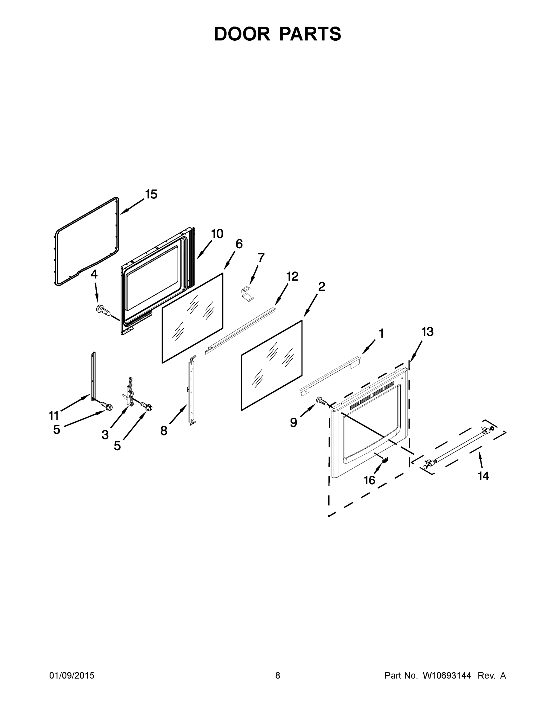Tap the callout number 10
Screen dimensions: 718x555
217,234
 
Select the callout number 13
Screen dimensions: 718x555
428,332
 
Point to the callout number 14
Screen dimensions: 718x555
483,476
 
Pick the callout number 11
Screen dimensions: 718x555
54,416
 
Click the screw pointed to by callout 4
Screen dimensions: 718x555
103,310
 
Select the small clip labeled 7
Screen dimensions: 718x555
247,293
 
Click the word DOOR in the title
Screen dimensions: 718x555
242,34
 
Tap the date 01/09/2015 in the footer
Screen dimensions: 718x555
72,676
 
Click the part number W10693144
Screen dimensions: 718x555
446,676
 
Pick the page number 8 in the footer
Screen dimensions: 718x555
278,676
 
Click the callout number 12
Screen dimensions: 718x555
292,277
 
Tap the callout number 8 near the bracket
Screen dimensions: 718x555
164,431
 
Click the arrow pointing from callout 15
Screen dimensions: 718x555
132,207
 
